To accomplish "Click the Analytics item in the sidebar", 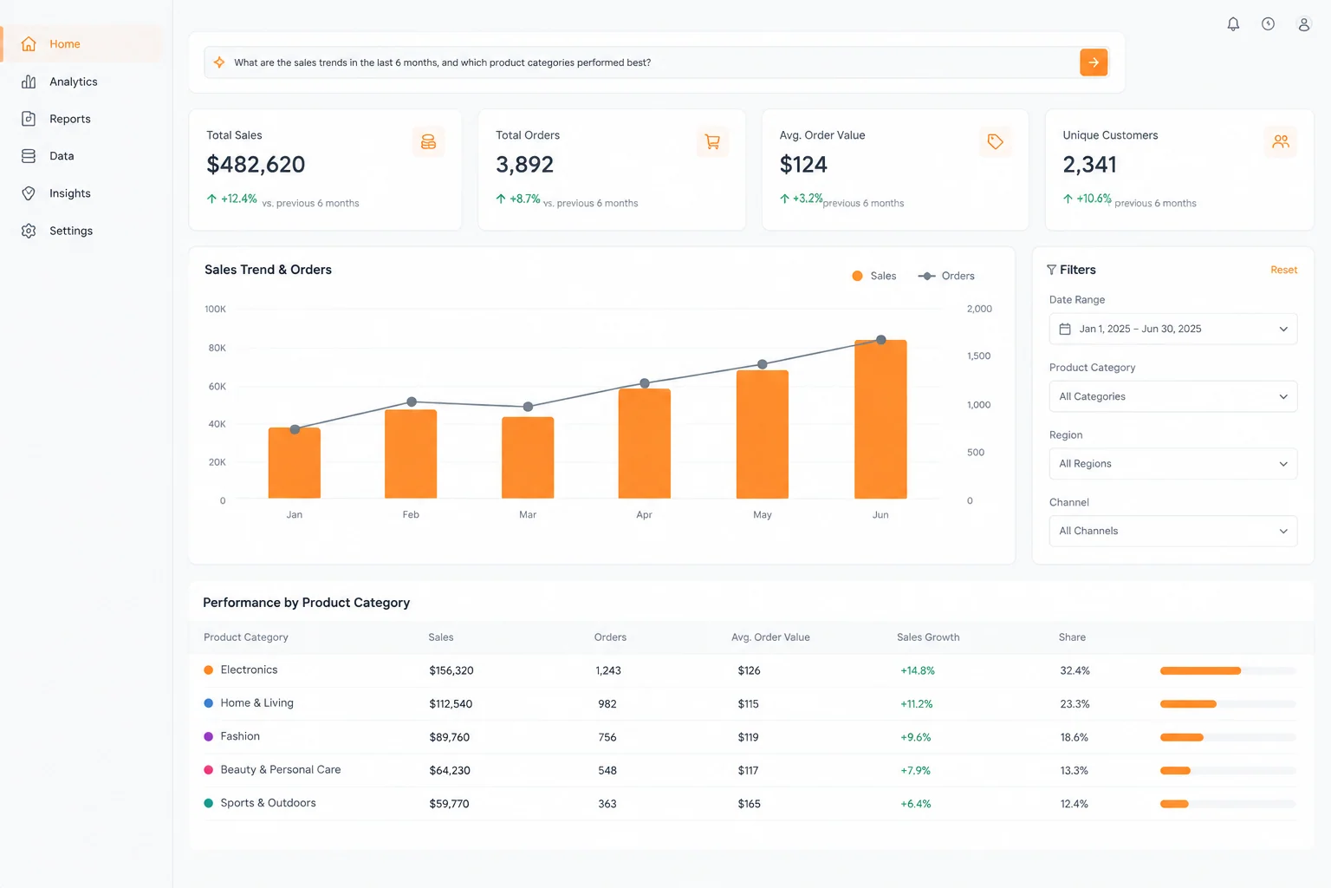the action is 60,82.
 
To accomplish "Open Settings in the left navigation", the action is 57,231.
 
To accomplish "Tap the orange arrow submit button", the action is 1094,62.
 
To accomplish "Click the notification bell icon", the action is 1233,23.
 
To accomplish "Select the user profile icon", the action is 1303,23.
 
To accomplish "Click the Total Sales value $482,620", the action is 256,164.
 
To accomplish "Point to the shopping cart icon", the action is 711,141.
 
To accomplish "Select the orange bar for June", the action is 880,419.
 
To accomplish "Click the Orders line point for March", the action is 528,407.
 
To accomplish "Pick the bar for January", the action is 294,463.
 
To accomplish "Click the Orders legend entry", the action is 946,276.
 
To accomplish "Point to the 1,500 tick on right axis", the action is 978,356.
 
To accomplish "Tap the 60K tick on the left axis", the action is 217,387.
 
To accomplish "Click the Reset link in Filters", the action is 1283,270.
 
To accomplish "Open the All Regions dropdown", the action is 1173,464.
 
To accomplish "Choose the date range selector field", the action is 1173,329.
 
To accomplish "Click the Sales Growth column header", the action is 928,637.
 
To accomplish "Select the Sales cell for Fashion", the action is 449,737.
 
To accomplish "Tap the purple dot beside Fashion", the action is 209,736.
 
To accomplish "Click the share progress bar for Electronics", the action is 1228,671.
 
